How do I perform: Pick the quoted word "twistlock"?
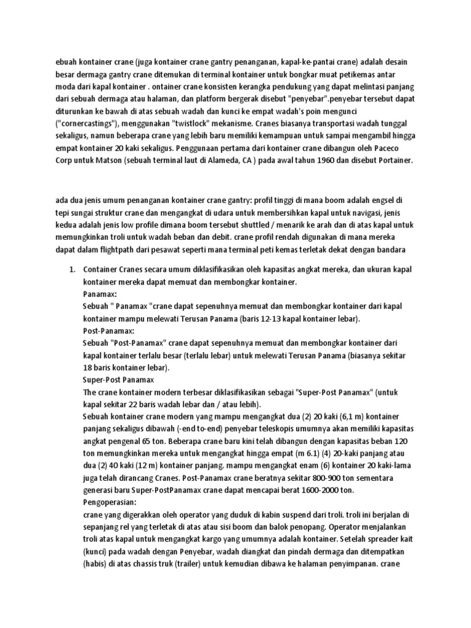183,122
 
